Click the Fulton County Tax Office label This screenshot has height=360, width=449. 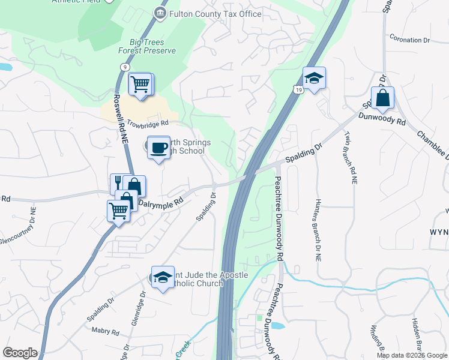pos(216,14)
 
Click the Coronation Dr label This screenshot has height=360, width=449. pos(410,40)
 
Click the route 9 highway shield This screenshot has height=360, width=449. pos(122,68)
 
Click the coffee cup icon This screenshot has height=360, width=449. pos(158,146)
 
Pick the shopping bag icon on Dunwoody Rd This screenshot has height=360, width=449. pos(382,97)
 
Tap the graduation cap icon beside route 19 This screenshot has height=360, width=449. pos(314,78)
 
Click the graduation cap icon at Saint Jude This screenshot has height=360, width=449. pos(162,277)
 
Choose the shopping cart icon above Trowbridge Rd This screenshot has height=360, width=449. pos(140,84)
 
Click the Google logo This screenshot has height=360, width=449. pos(20,353)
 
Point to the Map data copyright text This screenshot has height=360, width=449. pos(412,355)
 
